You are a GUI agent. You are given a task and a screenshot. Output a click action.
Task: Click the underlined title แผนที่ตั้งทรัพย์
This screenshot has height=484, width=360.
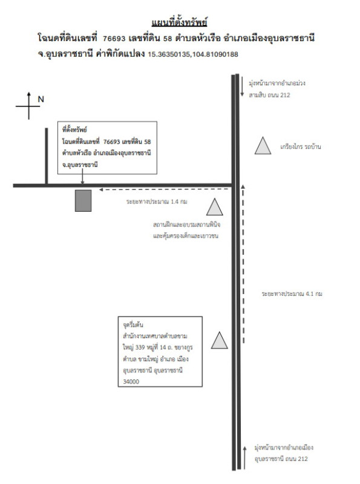pyautogui.click(x=179, y=22)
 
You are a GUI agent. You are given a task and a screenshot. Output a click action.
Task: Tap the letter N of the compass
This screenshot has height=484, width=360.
pyautogui.click(x=41, y=99)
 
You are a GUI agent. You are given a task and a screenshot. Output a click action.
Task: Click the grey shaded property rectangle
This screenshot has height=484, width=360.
pyautogui.click(x=83, y=201)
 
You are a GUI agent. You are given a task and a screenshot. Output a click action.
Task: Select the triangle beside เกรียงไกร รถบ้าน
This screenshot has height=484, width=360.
pyautogui.click(x=263, y=146)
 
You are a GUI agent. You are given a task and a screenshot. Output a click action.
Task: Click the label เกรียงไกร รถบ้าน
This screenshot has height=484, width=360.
pyautogui.click(x=301, y=146)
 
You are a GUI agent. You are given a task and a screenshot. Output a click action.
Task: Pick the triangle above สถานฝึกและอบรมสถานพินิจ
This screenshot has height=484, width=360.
pyautogui.click(x=215, y=207)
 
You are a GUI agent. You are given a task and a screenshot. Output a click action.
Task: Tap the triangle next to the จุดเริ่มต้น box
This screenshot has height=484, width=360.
pyautogui.click(x=220, y=340)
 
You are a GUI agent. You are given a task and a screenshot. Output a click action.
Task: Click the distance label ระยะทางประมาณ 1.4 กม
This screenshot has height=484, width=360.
pyautogui.click(x=157, y=201)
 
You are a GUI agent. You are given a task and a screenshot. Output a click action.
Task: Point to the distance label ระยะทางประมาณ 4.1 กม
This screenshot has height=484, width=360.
pyautogui.click(x=292, y=293)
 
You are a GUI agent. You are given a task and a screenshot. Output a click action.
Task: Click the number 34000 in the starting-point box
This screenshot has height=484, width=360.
pyautogui.click(x=131, y=382)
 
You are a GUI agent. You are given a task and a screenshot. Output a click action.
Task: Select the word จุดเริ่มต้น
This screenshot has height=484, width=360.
pyautogui.click(x=133, y=325)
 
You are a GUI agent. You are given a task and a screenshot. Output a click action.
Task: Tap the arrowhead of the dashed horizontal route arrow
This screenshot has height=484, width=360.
pyautogui.click(x=100, y=189)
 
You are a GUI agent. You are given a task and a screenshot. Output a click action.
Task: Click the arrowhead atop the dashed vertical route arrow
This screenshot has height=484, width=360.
pyautogui.click(x=243, y=186)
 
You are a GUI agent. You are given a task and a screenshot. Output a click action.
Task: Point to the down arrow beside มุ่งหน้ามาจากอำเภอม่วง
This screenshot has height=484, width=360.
pyautogui.click(x=243, y=87)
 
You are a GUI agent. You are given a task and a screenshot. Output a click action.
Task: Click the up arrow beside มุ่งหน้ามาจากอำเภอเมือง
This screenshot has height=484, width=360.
pyautogui.click(x=244, y=458)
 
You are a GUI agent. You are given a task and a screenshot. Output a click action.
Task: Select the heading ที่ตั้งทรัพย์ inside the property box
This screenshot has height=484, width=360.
pyautogui.click(x=74, y=129)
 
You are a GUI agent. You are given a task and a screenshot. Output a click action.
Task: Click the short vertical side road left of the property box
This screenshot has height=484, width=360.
pyautogui.click(x=47, y=156)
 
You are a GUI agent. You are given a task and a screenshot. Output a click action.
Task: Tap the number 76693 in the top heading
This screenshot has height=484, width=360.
pyautogui.click(x=114, y=38)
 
